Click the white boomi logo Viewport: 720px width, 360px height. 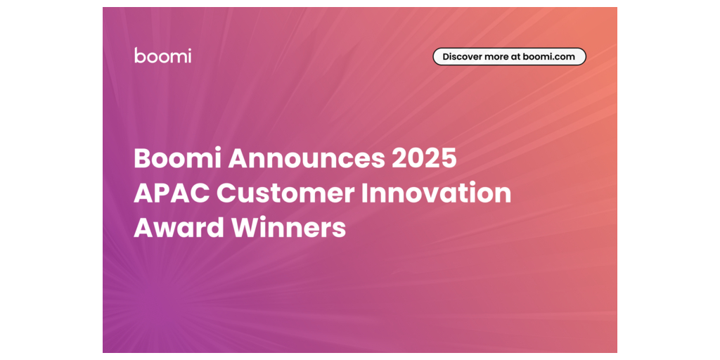pos(163,55)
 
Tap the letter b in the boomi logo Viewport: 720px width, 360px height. pos(140,55)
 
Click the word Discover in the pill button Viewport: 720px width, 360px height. pos(460,57)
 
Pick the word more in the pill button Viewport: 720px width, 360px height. pos(491,58)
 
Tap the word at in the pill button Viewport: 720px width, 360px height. pos(510,58)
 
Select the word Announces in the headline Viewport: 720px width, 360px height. pos(307,159)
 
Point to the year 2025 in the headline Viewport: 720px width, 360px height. pos(425,159)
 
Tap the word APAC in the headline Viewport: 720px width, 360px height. pos(172,194)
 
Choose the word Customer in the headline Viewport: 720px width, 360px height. pos(285,194)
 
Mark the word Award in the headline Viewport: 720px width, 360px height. pos(178,229)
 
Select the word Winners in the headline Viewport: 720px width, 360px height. pos(288,229)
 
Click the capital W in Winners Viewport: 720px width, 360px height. pos(245,229)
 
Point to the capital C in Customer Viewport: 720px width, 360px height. pos(226,194)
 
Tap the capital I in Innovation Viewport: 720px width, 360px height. pos(366,194)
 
